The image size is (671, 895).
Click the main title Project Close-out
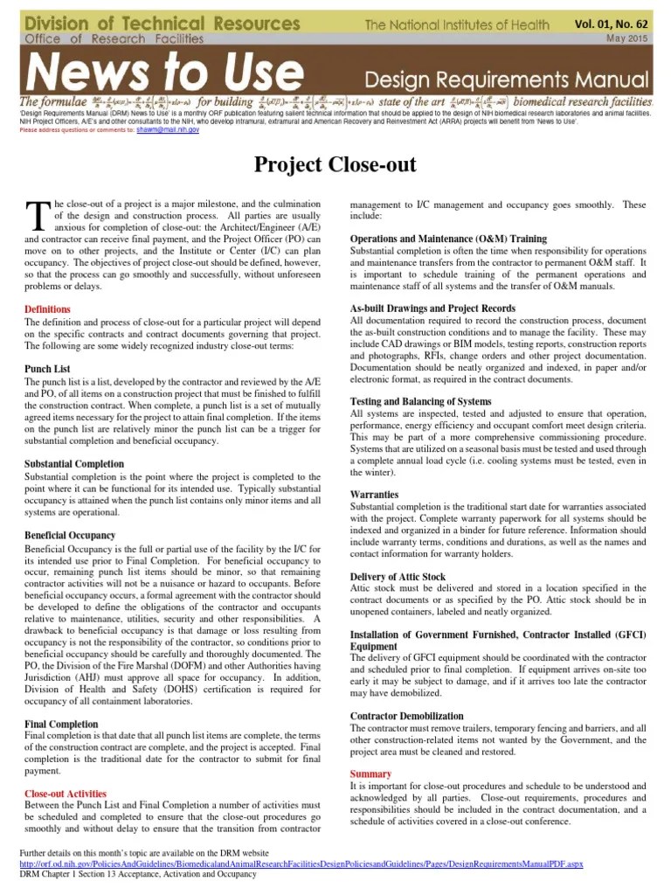click(x=335, y=164)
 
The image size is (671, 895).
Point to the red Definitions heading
click(x=48, y=309)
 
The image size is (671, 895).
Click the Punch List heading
click(x=48, y=369)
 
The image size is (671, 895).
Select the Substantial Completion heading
click(x=74, y=464)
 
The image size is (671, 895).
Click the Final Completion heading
click(x=61, y=725)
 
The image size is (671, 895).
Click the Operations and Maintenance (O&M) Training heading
click(x=448, y=239)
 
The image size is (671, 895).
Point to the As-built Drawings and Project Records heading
click(x=432, y=309)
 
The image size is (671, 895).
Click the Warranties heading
click(x=374, y=494)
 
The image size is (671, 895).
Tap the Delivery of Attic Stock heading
click(x=398, y=577)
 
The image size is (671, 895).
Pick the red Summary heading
click(x=370, y=774)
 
